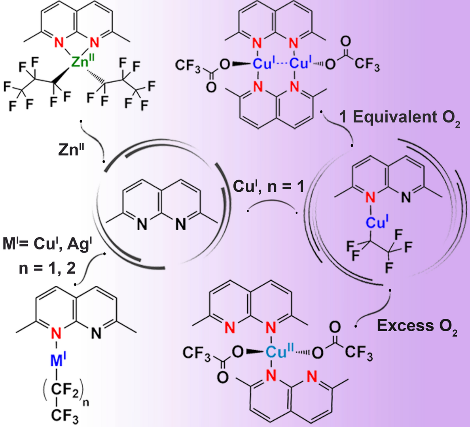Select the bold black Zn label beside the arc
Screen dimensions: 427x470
point(70,150)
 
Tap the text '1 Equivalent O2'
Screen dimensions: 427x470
point(400,117)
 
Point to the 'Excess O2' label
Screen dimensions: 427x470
point(417,326)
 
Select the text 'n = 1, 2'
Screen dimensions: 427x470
point(47,269)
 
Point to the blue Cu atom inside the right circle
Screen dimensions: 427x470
point(375,223)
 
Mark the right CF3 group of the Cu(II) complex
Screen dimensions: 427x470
point(358,353)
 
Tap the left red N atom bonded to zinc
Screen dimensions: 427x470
point(59,42)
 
